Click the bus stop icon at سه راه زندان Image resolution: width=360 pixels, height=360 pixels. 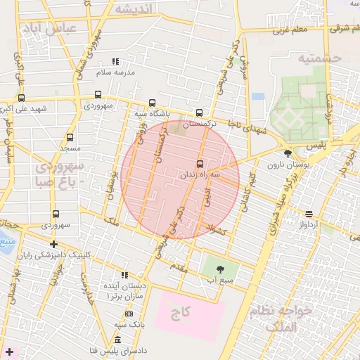pos(200,165)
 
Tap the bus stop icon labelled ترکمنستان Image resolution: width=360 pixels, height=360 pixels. pos(199,112)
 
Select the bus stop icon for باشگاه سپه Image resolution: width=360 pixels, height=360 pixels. pos(153,103)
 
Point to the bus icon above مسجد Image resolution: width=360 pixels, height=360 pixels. pos(70,138)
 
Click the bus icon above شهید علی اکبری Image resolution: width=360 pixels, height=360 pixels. pos(21,98)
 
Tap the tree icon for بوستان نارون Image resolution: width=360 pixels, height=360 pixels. pos(287,153)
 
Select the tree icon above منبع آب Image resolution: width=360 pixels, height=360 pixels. pos(220,269)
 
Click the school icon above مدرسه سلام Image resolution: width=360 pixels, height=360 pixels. pos(116,62)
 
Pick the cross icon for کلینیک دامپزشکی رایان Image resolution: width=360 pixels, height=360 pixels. pos(54,244)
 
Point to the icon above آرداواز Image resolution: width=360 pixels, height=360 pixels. pos(309,214)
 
